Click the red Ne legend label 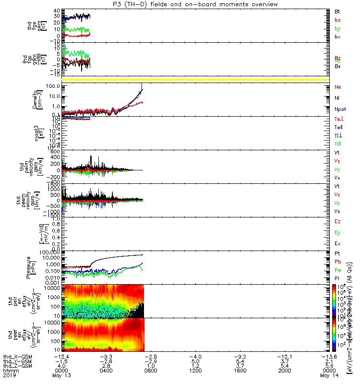(x=338, y=87)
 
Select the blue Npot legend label (x=339, y=109)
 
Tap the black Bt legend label (x=337, y=11)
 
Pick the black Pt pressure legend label (x=337, y=253)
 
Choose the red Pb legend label (x=337, y=262)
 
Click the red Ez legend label (x=337, y=222)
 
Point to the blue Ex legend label (x=337, y=243)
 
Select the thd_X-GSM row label (x=16, y=357)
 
